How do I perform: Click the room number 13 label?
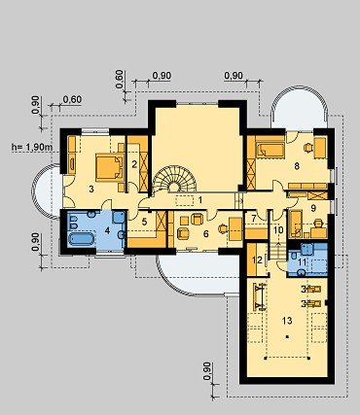tap(287, 321)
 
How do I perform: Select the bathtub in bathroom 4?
tap(81, 239)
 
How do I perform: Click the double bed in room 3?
tap(110, 166)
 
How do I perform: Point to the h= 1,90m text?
tap(32, 148)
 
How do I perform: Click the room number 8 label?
tap(297, 166)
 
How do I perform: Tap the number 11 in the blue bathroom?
tap(302, 261)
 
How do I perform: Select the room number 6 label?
tap(205, 233)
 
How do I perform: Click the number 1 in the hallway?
tap(200, 200)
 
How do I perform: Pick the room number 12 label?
tap(258, 260)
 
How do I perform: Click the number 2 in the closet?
tap(134, 164)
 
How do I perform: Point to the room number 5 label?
tap(144, 223)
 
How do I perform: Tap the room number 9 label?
tap(313, 208)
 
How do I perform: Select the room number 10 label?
tap(278, 230)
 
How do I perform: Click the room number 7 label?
tap(254, 218)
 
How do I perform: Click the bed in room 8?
tap(270, 151)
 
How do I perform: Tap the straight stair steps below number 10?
tap(278, 251)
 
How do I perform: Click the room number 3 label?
tap(91, 190)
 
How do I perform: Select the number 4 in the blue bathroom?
tap(107, 231)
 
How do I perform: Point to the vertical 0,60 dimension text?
tap(119, 79)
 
